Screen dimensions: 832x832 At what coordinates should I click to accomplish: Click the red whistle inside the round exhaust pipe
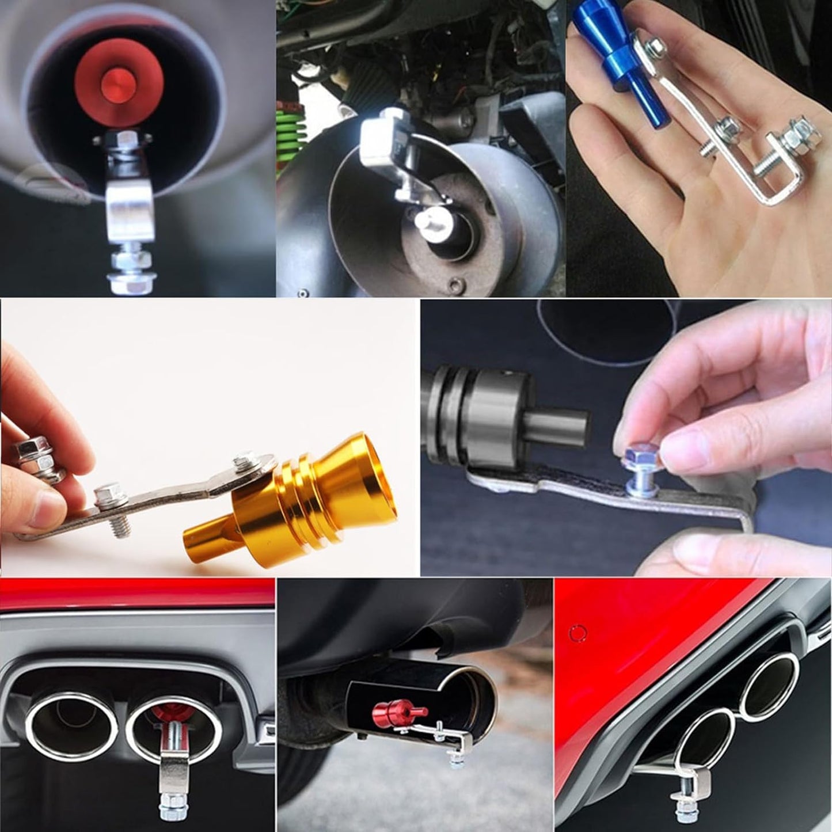[x=119, y=81]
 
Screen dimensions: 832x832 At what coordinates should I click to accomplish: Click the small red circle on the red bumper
[x=576, y=633]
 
